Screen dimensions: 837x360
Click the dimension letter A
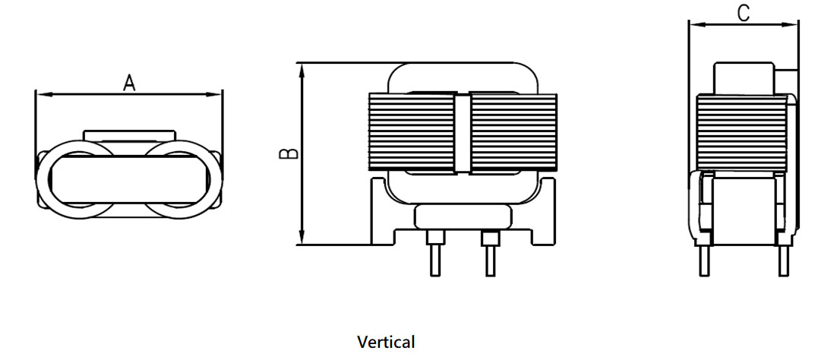129,84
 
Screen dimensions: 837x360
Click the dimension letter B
289,153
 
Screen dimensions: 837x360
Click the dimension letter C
743,14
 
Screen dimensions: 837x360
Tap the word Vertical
386,342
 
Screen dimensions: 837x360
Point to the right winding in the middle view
513,133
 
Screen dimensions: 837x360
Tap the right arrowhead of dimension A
215,94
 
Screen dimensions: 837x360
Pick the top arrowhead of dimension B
302,71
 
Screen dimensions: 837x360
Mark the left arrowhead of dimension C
697,24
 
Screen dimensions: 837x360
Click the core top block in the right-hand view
744,78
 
